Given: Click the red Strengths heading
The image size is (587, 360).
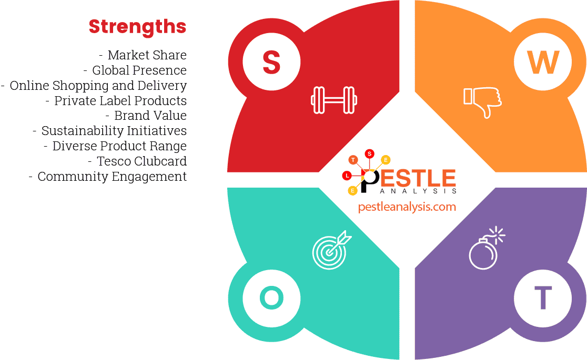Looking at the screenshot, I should pos(137,26).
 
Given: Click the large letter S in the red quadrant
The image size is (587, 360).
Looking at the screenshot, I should pos(271,63).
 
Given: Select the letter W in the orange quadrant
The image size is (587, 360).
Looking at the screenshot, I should pos(543,63).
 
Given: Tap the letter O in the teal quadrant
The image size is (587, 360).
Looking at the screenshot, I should pos(271,298).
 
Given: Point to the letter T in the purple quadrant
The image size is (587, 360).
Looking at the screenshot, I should pos(543,298).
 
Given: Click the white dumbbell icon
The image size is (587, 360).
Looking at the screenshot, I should pos(333,99).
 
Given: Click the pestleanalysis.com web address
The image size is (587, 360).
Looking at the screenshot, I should pos(407,207).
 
